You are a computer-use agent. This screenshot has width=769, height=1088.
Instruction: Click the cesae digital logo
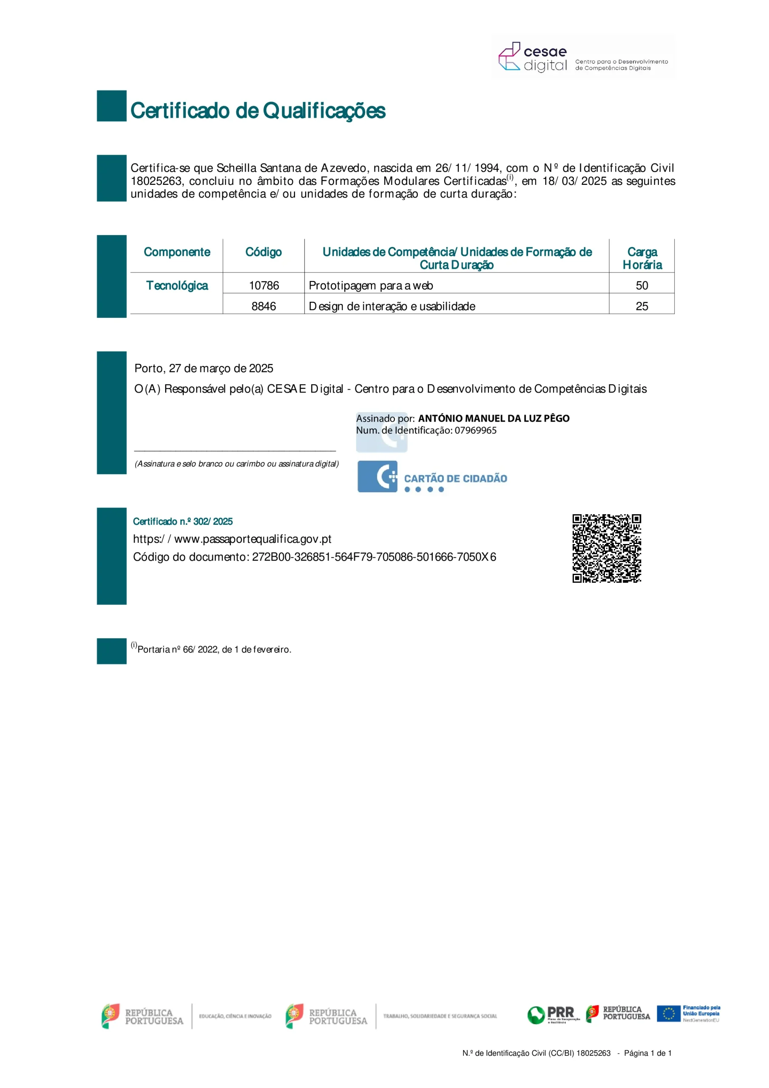pyautogui.click(x=583, y=57)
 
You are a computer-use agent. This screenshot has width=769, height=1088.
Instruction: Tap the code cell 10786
pyautogui.click(x=264, y=285)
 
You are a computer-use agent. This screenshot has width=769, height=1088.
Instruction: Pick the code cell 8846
pyautogui.click(x=264, y=306)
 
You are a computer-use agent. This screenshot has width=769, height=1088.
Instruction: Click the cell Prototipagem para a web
pyautogui.click(x=371, y=285)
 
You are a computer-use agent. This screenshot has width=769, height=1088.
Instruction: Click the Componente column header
pyautogui.click(x=177, y=252)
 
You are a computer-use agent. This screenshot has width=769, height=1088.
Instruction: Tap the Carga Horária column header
pyautogui.click(x=642, y=258)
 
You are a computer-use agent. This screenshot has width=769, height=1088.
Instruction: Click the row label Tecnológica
pyautogui.click(x=177, y=285)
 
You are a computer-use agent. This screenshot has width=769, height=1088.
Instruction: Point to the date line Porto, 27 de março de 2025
pyautogui.click(x=204, y=368)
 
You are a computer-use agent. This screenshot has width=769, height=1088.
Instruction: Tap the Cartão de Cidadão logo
pyautogui.click(x=432, y=477)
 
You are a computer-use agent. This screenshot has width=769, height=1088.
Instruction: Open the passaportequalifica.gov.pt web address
pyautogui.click(x=232, y=539)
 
